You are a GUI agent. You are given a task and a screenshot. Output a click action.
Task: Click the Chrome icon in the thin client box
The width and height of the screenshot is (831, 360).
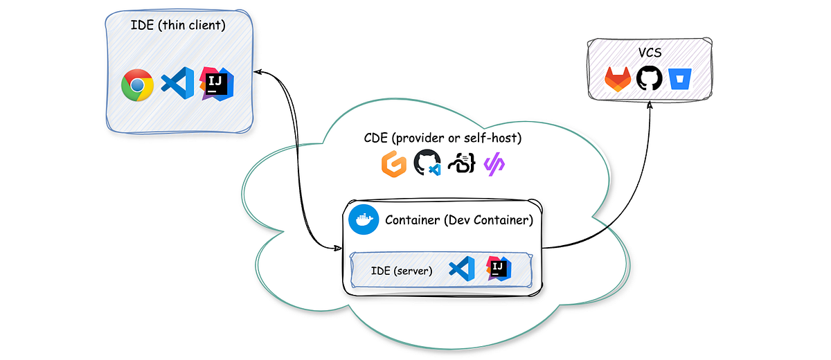[137, 85]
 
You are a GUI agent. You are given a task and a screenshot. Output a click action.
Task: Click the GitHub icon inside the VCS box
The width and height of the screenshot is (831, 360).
[650, 78]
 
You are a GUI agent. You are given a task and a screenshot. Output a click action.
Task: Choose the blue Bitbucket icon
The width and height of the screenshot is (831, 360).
[681, 78]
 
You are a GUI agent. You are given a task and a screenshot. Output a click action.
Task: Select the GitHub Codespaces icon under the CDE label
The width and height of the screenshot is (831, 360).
[427, 164]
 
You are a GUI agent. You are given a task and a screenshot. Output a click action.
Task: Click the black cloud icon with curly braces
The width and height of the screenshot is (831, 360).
[461, 164]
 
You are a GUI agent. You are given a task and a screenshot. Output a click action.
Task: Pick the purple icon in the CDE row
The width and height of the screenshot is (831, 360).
[494, 164]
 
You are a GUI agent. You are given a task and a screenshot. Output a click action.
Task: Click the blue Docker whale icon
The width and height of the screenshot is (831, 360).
[364, 219]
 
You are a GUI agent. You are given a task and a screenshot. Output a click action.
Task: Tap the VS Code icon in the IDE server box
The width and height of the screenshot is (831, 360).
[462, 269]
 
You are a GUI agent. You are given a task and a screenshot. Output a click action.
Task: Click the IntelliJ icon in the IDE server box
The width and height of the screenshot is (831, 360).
[499, 268]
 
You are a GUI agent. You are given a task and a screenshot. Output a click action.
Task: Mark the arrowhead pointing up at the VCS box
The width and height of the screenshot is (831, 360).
[650, 105]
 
